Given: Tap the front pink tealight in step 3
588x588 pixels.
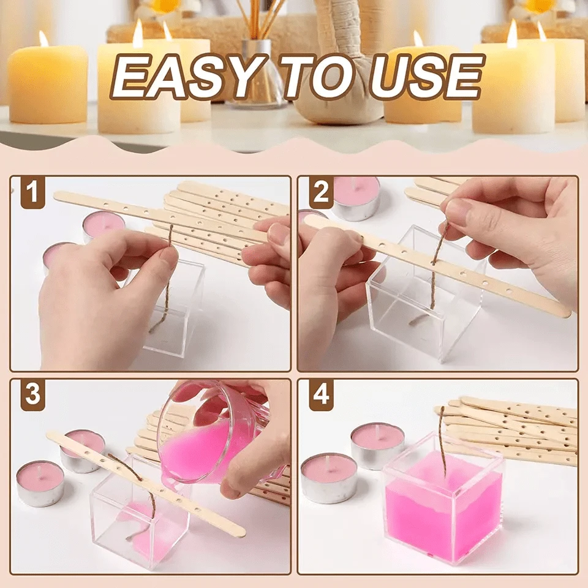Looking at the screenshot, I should click(x=40, y=483).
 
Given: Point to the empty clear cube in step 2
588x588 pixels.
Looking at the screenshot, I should click(x=423, y=300).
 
